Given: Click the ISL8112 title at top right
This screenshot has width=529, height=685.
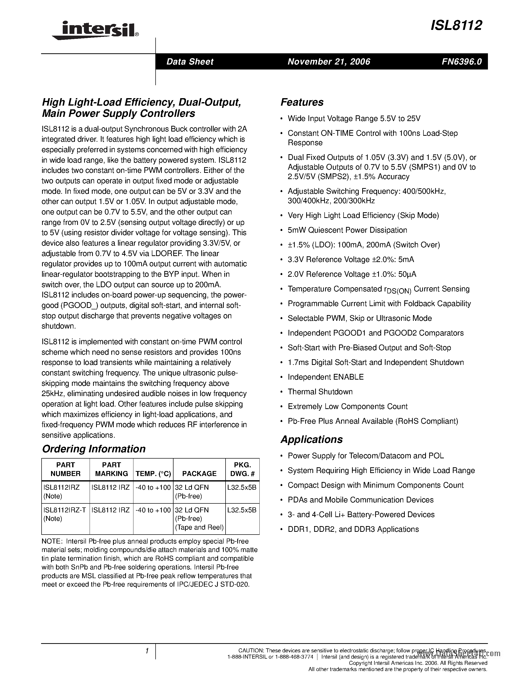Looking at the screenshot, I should [456, 25].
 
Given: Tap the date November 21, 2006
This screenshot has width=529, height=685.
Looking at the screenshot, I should [329, 62].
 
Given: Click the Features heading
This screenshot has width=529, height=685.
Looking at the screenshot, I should [302, 102].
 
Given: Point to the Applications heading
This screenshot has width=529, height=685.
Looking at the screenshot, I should [311, 439].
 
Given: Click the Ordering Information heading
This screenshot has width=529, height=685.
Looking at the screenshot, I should [94, 449].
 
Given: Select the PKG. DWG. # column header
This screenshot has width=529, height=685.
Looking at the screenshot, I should [242, 469].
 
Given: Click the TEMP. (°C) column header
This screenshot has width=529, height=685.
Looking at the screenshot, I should [153, 474].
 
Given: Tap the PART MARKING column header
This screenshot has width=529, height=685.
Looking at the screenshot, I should [111, 469].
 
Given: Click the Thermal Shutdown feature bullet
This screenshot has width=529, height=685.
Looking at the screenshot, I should [320, 392].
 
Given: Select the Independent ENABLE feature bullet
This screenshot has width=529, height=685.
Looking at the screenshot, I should [326, 377].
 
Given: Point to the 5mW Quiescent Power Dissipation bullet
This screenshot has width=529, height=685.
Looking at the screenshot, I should [347, 230].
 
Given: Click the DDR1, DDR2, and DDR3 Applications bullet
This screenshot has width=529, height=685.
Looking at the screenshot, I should [353, 529].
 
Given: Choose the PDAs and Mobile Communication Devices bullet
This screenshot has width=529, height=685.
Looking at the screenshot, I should [360, 500].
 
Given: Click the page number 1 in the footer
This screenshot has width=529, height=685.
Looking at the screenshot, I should [147, 651].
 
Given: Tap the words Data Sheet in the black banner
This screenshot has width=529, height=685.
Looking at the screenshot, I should [190, 62].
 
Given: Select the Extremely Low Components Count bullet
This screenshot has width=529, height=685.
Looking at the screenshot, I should [348, 407].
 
